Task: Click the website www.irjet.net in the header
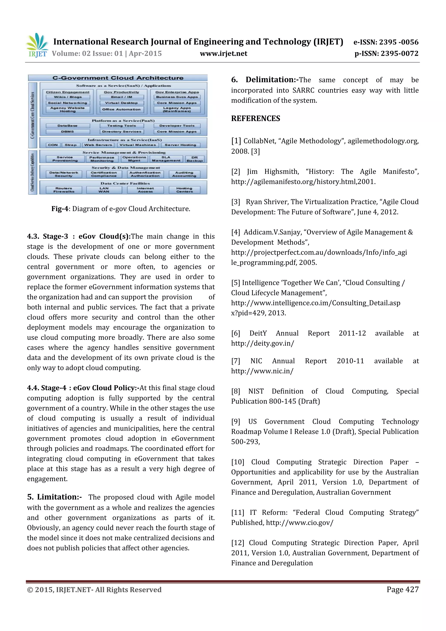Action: coord(223,54)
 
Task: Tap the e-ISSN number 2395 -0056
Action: coord(399,42)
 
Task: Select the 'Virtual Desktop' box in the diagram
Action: coord(122,103)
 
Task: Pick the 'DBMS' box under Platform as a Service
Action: coord(68,132)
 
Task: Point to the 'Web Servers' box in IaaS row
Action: coord(98,145)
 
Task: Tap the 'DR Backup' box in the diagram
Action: coord(194,159)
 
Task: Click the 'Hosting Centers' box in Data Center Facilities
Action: coord(184,190)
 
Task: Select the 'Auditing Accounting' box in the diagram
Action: coord(184,174)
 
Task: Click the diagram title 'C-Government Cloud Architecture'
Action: coord(118,78)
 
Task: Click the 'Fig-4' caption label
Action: coord(60,209)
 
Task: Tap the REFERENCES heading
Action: coord(256,118)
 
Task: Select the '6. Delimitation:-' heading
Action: coord(265,80)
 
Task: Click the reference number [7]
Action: coord(235,361)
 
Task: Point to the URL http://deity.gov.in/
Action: coord(262,343)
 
